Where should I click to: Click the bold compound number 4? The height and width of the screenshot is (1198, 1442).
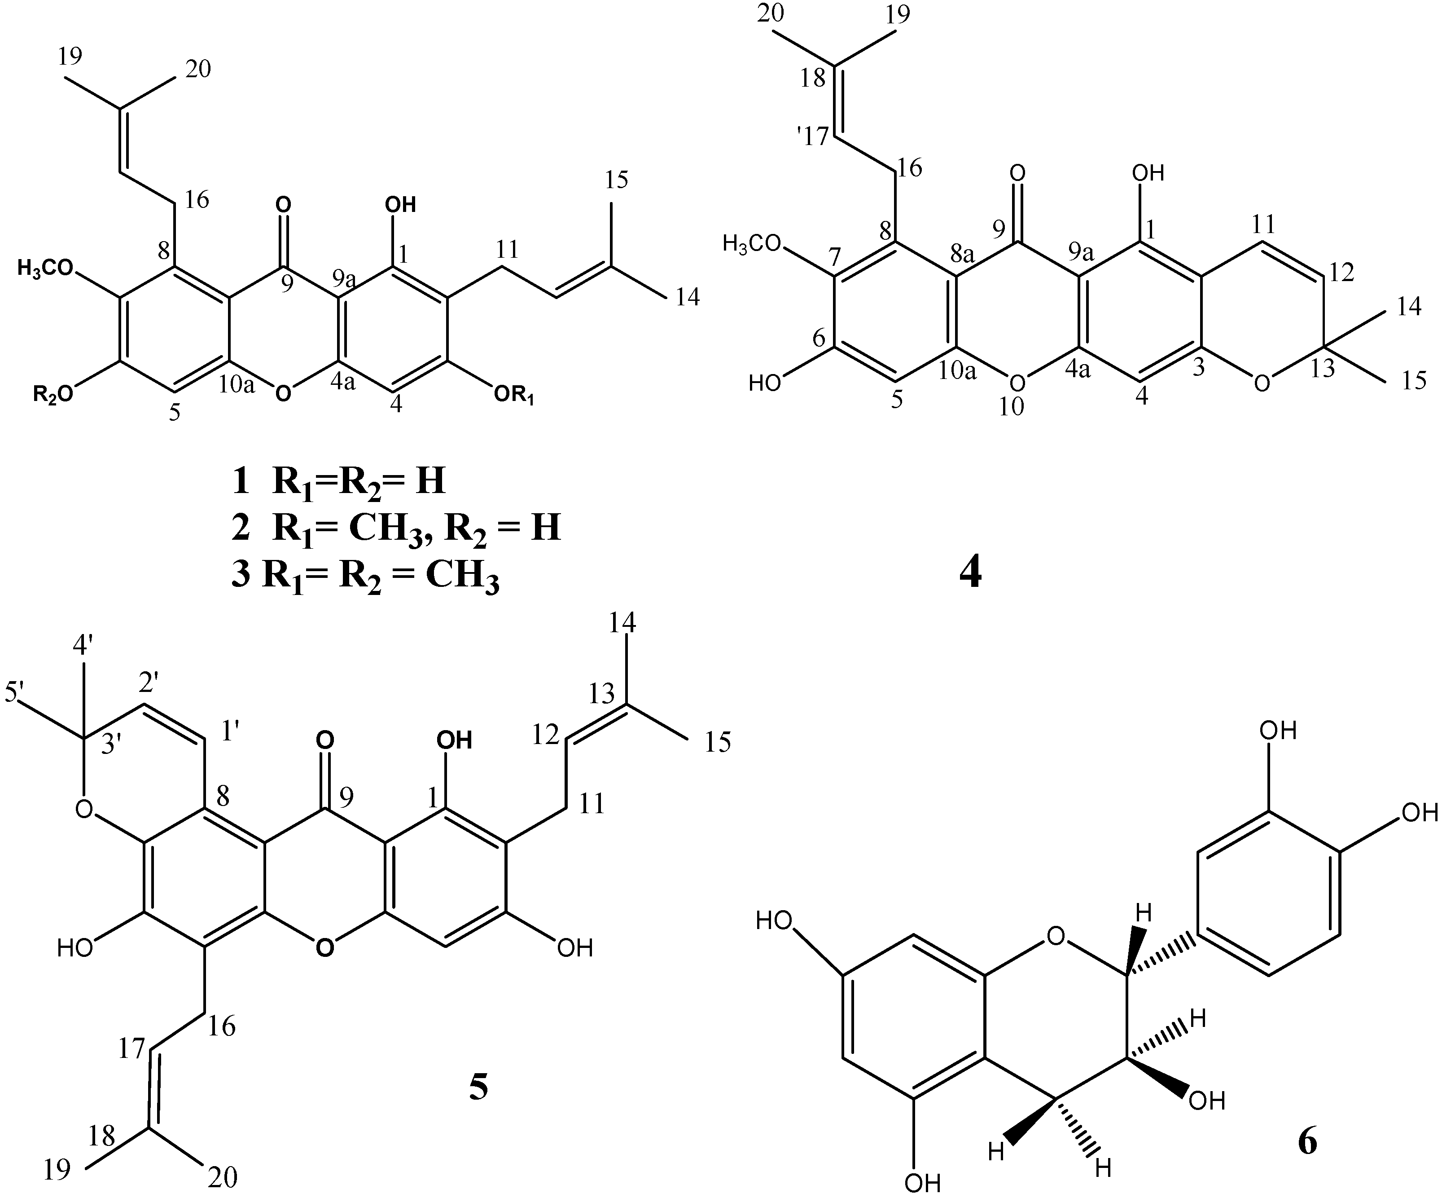point(969,573)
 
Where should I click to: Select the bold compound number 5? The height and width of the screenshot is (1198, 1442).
point(478,1088)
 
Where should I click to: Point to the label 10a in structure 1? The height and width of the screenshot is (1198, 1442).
point(237,385)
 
